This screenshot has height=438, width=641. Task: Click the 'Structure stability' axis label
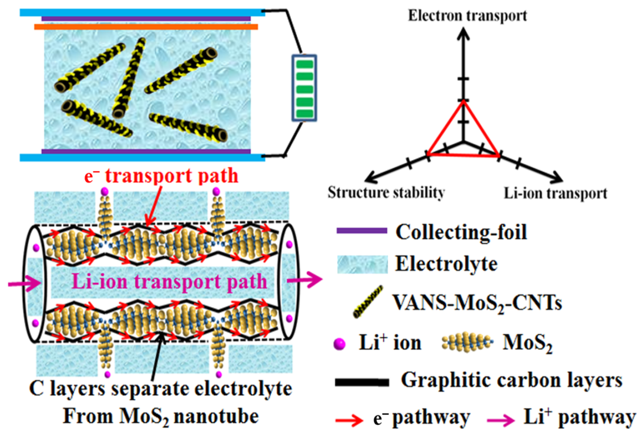pos(386,193)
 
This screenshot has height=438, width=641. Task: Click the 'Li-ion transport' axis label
pos(555,193)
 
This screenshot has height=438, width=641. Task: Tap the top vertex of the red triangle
pos(463,101)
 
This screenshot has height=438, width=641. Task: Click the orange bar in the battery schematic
pos(146,27)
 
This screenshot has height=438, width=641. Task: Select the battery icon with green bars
pos(304,88)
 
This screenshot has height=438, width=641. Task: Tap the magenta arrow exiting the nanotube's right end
pos(304,281)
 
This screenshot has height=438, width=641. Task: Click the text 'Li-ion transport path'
pos(169,282)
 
